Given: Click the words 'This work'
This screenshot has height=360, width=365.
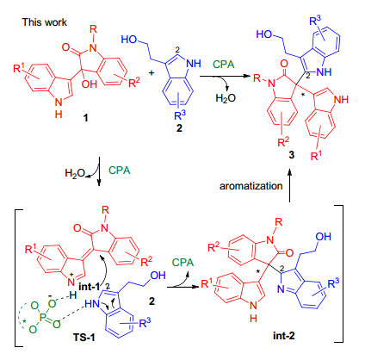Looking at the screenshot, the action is pyautogui.click(x=45, y=22).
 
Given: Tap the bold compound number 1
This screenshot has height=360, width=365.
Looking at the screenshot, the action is pyautogui.click(x=85, y=118).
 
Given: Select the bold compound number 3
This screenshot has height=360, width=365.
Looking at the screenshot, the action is pyautogui.click(x=292, y=155).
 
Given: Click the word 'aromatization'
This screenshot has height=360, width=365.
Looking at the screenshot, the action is pyautogui.click(x=251, y=186).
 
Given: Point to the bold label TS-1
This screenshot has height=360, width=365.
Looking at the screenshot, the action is pyautogui.click(x=84, y=338).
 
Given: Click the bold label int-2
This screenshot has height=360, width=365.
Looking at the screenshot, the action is pyautogui.click(x=284, y=335).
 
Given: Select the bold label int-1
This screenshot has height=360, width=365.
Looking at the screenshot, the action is pyautogui.click(x=90, y=286).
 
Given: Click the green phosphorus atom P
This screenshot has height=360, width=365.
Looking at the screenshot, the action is pyautogui.click(x=43, y=317).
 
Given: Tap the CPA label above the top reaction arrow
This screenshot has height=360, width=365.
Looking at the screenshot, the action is pyautogui.click(x=224, y=65).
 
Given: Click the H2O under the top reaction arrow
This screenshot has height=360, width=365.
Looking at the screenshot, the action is pyautogui.click(x=226, y=98).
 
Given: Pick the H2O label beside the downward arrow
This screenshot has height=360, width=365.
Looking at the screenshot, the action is pyautogui.click(x=75, y=173).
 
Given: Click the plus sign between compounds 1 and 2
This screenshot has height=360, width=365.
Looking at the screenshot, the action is pyautogui.click(x=152, y=73).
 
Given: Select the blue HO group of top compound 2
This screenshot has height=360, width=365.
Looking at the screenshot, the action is pyautogui.click(x=129, y=40).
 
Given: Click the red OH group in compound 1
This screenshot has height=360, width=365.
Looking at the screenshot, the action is pyautogui.click(x=90, y=84).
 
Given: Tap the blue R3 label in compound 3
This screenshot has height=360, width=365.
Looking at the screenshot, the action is pyautogui.click(x=315, y=21).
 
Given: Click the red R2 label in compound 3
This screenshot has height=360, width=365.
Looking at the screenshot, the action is pyautogui.click(x=283, y=142).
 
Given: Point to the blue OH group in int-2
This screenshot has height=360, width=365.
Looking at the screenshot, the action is pyautogui.click(x=324, y=237).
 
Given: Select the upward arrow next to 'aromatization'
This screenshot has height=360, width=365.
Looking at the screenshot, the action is pyautogui.click(x=290, y=185).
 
